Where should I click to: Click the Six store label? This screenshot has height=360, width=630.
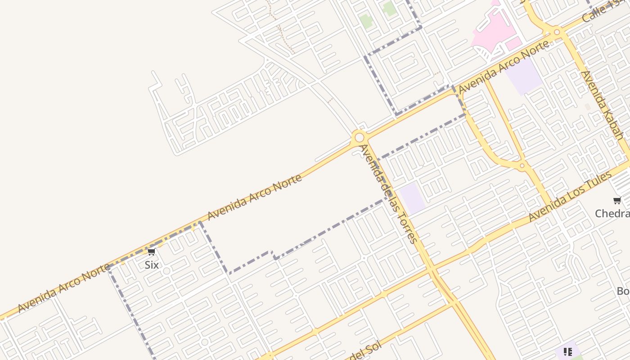pyautogui.click(x=152, y=265)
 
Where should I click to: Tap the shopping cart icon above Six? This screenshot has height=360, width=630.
pyautogui.click(x=151, y=252)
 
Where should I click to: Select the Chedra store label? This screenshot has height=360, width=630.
pyautogui.click(x=612, y=213)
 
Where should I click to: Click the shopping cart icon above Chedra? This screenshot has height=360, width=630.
pyautogui.click(x=617, y=200)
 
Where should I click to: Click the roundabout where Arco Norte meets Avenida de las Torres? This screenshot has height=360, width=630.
pyautogui.click(x=359, y=137)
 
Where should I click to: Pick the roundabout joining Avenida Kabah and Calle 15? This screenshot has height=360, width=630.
pyautogui.click(x=557, y=32)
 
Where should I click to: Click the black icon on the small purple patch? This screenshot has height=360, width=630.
pyautogui.click(x=568, y=351)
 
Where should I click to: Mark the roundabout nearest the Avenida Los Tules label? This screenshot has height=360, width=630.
pyautogui.click(x=522, y=166)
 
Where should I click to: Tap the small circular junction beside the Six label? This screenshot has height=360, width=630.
pyautogui.click(x=166, y=271)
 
